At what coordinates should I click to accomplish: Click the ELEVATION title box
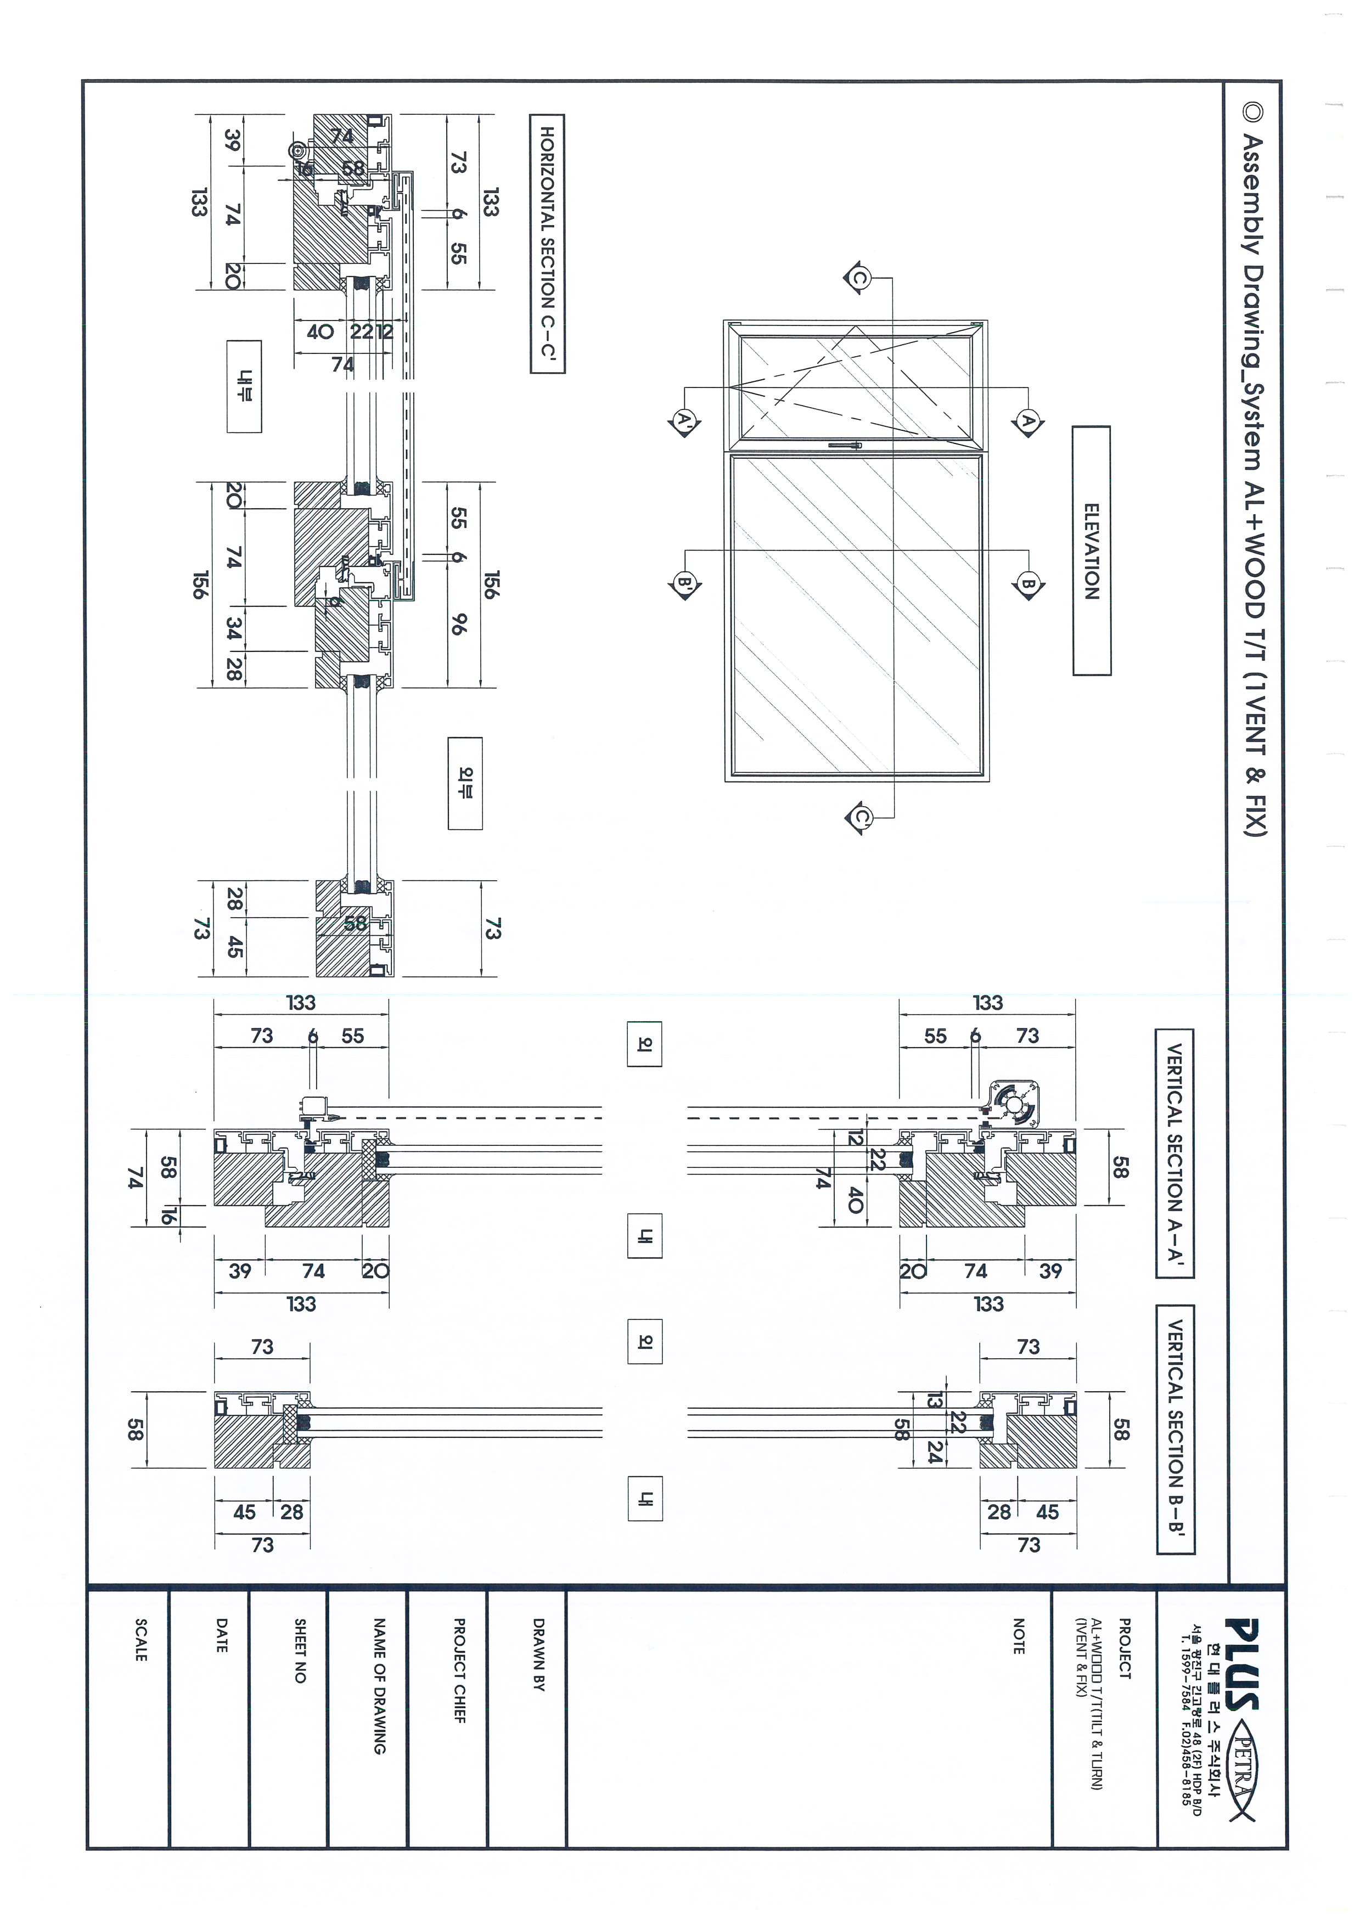pyautogui.click(x=1091, y=550)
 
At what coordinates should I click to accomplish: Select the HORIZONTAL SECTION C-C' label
pyautogui.click(x=547, y=244)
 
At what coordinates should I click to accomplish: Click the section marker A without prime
pyautogui.click(x=1029, y=421)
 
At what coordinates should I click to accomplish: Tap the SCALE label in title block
pyautogui.click(x=141, y=1640)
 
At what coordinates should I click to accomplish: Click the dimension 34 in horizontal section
pyautogui.click(x=234, y=628)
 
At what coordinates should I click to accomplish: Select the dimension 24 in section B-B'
pyautogui.click(x=935, y=1455)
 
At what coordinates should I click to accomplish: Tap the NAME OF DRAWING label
pyautogui.click(x=379, y=1685)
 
